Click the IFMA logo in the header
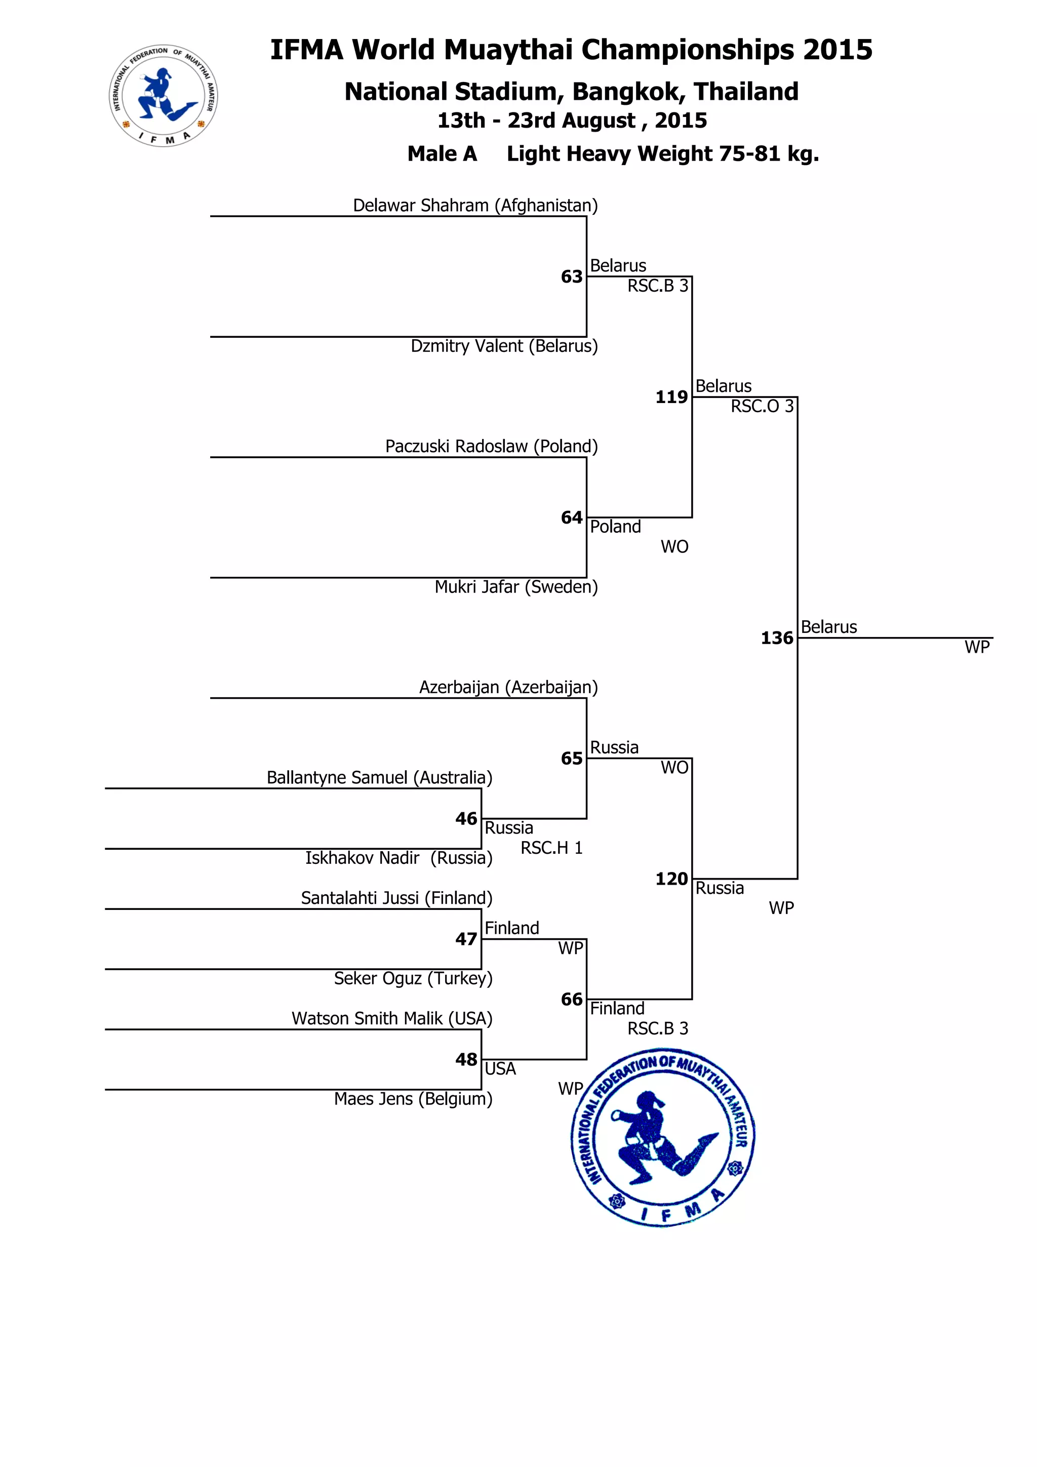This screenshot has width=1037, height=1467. pos(164,96)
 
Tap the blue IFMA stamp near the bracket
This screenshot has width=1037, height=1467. pos(663,1137)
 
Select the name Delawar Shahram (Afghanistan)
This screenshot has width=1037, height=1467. pos(475,206)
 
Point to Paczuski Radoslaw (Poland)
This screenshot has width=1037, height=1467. pos(491,447)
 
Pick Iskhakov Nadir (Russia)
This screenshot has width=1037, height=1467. pos(398,858)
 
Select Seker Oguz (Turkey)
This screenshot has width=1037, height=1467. pos(413,979)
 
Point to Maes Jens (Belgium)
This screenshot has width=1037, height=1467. pos(413,1099)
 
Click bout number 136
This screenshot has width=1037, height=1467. pos(776,638)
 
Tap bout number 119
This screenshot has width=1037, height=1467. pos(671,398)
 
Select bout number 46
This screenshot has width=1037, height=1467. pos(466,819)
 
